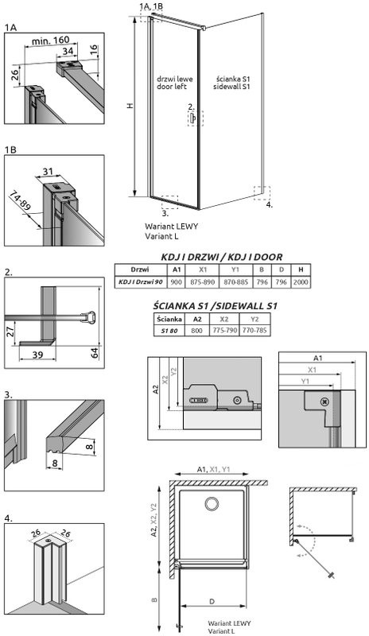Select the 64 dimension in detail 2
[95, 352]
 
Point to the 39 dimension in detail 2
[37, 355]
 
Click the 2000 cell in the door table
[301, 282]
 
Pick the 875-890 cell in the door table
[203, 282]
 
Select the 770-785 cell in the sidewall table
[254, 331]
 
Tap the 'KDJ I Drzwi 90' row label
[141, 282]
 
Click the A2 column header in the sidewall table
[197, 320]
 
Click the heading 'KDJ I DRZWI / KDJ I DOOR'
[222, 257]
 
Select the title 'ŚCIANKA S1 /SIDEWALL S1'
[216, 305]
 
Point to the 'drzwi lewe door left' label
[175, 83]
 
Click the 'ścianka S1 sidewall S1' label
[232, 83]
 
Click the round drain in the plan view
[212, 504]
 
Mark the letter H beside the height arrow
[130, 106]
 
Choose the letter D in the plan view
[212, 602]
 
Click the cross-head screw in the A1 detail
[324, 402]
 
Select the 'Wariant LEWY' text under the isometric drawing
[171, 227]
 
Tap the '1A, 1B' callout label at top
[151, 6]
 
